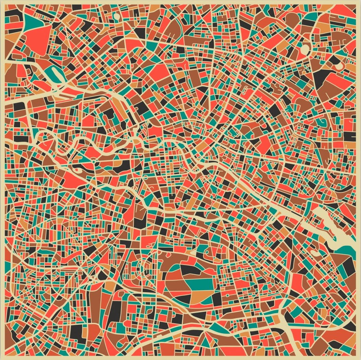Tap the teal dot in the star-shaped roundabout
pyautogui.click(x=93, y=160)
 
